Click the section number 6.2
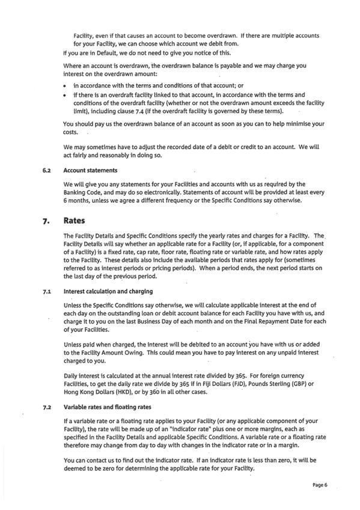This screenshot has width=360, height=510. tap(45, 170)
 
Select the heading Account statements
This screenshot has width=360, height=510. tap(90, 170)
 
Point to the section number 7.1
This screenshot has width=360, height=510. tap(46, 291)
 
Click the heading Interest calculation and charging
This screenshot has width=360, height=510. tap(108, 291)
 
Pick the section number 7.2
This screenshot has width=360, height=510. tap(46, 407)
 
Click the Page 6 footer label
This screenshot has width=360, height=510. tap(320, 484)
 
